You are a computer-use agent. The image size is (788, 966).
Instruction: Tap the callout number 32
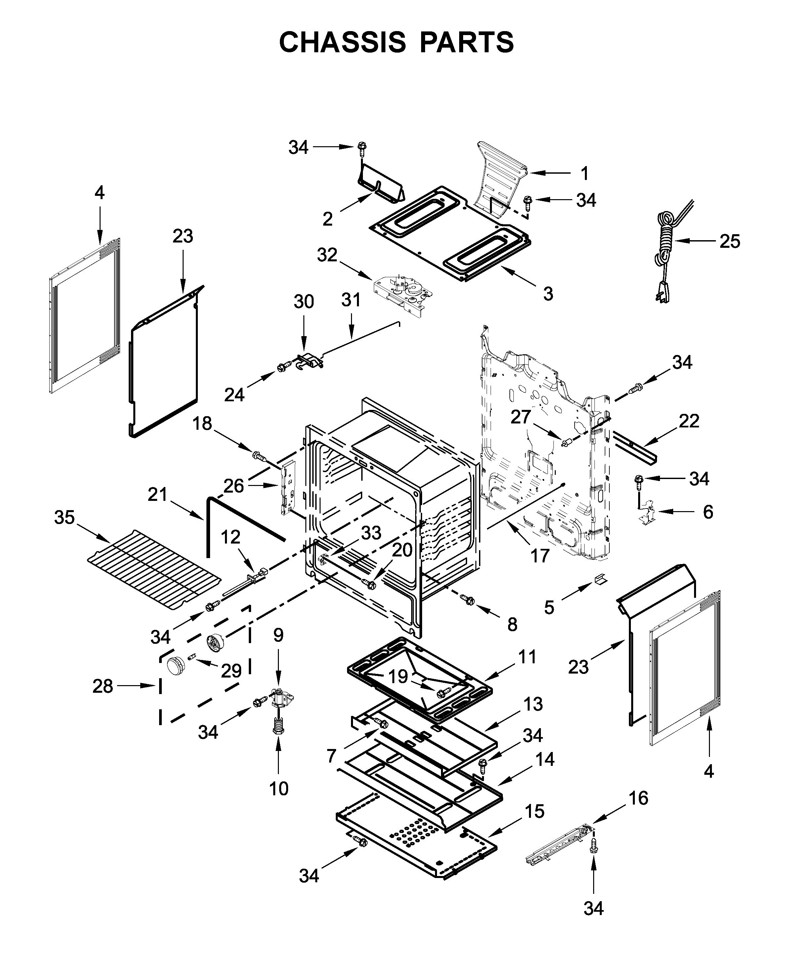coord(327,255)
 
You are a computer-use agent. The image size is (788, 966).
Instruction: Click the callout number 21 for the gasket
coord(157,494)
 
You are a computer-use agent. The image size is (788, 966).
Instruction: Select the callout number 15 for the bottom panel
coord(535,811)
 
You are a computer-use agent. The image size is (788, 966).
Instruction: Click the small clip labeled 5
coord(600,579)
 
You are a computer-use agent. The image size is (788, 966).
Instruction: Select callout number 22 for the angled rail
coord(689,421)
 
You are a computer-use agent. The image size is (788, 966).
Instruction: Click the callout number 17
coord(540,555)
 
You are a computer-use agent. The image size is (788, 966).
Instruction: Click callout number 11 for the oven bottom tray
coord(527,656)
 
